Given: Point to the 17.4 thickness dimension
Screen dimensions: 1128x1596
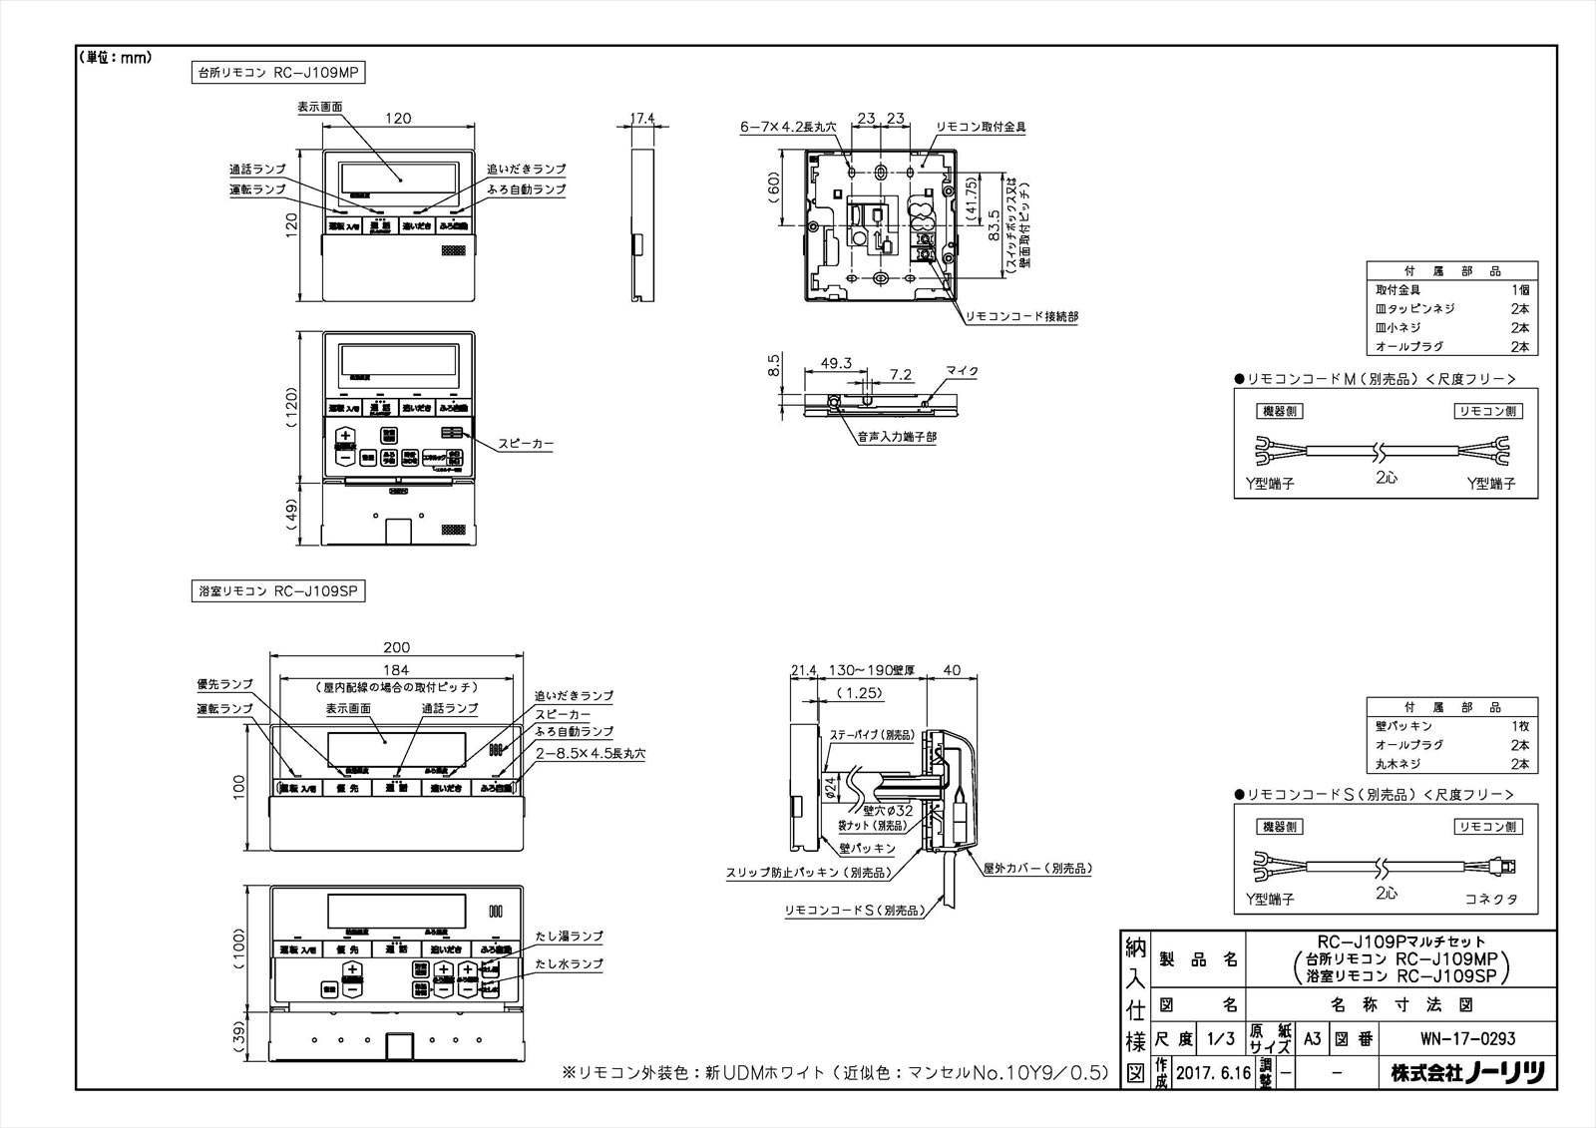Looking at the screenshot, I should [643, 118].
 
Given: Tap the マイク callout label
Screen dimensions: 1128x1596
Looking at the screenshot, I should [963, 371].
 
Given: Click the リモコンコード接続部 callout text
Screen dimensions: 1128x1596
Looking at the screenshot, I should [1020, 315].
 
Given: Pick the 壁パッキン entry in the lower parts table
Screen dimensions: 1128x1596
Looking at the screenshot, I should [1404, 725].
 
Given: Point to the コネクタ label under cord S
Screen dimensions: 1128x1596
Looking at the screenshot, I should [1491, 899].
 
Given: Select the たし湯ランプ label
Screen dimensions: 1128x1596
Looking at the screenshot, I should [568, 937].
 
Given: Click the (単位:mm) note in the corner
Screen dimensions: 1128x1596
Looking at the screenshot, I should [115, 57].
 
